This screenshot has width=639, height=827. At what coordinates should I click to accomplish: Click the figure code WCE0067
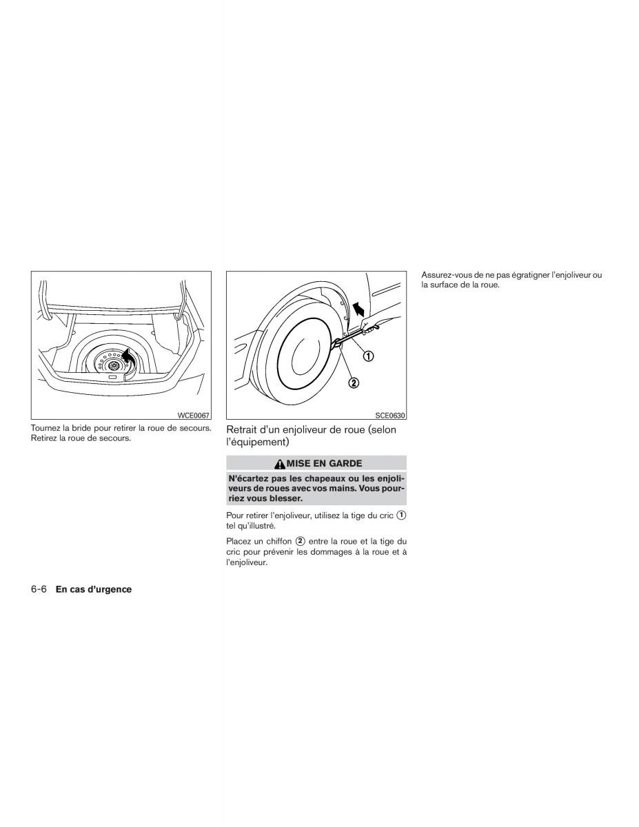click(194, 415)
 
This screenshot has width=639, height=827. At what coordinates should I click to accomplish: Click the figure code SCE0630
click(390, 415)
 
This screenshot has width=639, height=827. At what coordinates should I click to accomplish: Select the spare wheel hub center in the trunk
click(113, 365)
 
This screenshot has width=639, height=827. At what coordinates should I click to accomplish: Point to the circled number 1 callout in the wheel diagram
click(368, 356)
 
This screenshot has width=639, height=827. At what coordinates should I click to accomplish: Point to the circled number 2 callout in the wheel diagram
click(354, 382)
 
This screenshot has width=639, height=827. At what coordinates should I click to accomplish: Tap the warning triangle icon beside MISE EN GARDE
click(280, 464)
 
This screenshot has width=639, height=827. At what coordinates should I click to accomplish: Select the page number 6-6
click(39, 589)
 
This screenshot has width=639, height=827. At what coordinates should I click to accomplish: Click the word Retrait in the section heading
click(240, 429)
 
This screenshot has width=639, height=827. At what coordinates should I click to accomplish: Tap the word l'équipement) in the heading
click(258, 442)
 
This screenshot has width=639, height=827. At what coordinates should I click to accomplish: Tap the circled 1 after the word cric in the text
click(401, 515)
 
